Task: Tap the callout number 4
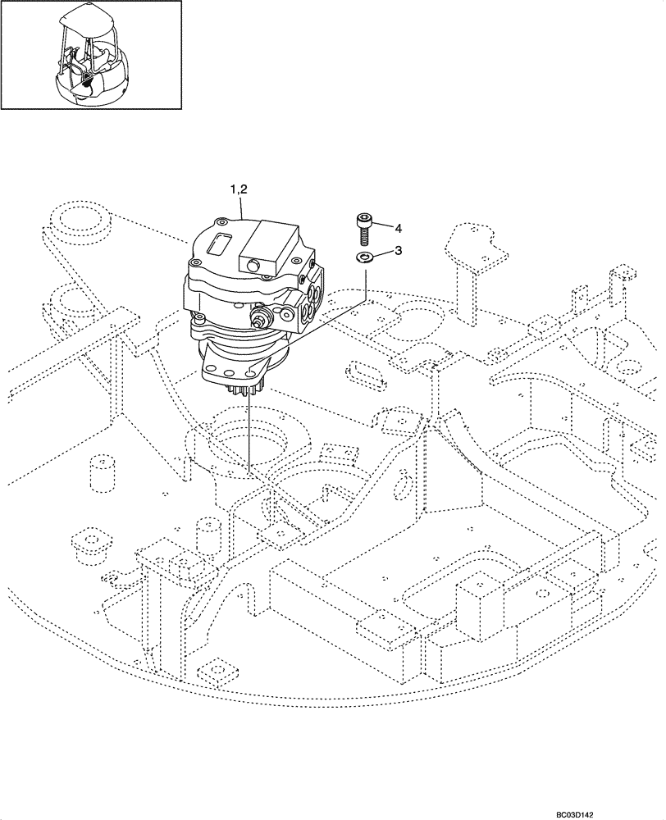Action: [x=398, y=227]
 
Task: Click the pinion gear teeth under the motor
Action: [x=246, y=389]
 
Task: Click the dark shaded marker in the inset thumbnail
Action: [x=87, y=80]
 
